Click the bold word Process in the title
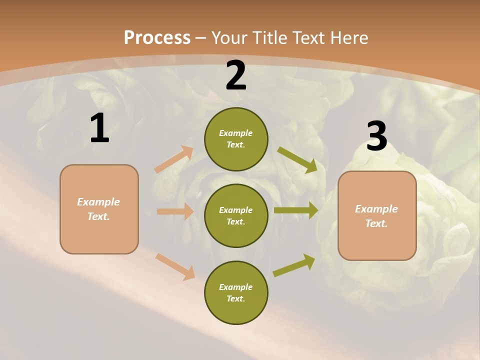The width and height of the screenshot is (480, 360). pyautogui.click(x=157, y=37)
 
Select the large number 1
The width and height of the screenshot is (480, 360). pyautogui.click(x=99, y=128)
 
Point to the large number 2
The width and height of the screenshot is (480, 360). pyautogui.click(x=236, y=75)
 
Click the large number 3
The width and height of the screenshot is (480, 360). pyautogui.click(x=376, y=136)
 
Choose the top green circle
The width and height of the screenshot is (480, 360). pyautogui.click(x=236, y=139)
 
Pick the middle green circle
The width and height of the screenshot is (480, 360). pyautogui.click(x=236, y=215)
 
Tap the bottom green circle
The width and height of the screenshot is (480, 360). pyautogui.click(x=236, y=292)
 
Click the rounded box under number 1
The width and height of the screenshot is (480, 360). pyautogui.click(x=99, y=209)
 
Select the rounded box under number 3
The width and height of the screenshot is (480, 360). pyautogui.click(x=377, y=216)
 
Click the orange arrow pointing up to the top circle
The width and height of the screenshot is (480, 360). pyautogui.click(x=174, y=159)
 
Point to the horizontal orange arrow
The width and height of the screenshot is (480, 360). pyautogui.click(x=175, y=211)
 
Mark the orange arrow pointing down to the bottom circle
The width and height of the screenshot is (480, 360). pyautogui.click(x=175, y=266)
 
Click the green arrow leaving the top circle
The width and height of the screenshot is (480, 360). pyautogui.click(x=297, y=159)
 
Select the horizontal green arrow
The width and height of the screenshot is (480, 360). pyautogui.click(x=296, y=210)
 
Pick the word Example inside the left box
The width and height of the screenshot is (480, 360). pyautogui.click(x=98, y=202)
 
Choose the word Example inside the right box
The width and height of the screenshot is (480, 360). pyautogui.click(x=376, y=209)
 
